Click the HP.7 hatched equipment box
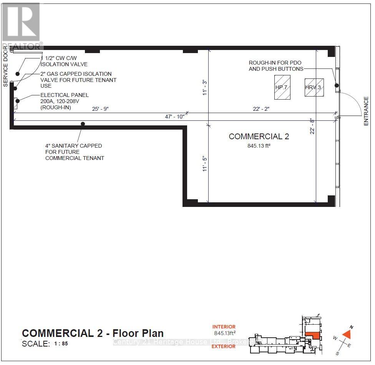pos(282,87)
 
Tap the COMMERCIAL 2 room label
pos(259,137)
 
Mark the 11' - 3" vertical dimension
pos(206,87)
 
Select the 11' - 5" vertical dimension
pos(206,163)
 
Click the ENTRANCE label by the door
pos(366,111)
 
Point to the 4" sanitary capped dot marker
pos(83,124)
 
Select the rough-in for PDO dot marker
pos(337,85)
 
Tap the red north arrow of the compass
pos(348,333)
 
